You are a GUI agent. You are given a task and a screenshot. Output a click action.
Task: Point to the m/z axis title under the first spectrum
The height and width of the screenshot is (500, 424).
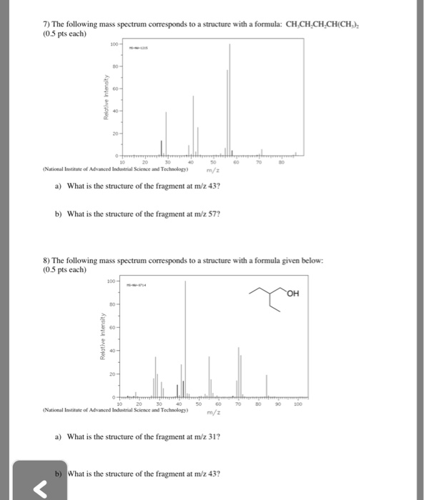212,171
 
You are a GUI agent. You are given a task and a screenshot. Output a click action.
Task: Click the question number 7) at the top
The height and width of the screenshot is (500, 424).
46,24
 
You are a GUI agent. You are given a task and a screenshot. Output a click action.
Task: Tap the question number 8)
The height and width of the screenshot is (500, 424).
46,262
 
